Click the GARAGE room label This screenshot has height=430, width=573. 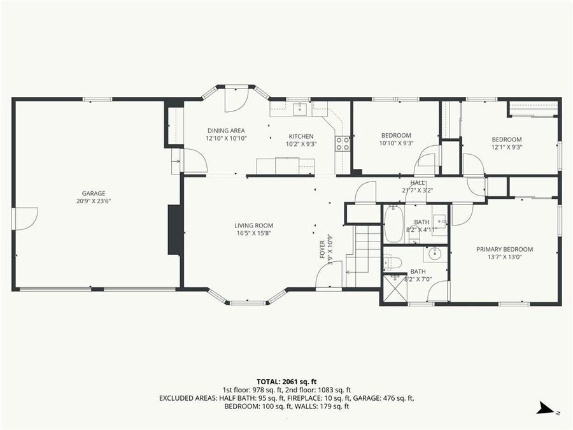tap(93, 193)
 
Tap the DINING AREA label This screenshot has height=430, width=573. tap(225, 131)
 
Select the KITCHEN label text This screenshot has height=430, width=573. tap(301, 136)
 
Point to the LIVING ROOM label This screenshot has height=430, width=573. tap(253, 225)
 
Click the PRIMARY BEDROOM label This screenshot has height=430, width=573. tap(504, 249)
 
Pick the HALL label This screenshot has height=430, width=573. tap(417, 183)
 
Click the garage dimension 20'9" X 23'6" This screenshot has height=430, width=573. tap(93, 201)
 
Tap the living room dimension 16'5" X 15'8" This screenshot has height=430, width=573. tap(253, 233)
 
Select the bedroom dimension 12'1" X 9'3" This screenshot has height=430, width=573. tap(506, 148)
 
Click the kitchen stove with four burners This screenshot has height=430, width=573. tap(343, 143)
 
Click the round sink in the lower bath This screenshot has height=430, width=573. tap(434, 254)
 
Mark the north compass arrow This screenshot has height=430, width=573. tap(544, 408)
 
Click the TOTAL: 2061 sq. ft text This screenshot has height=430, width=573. tap(286, 381)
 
